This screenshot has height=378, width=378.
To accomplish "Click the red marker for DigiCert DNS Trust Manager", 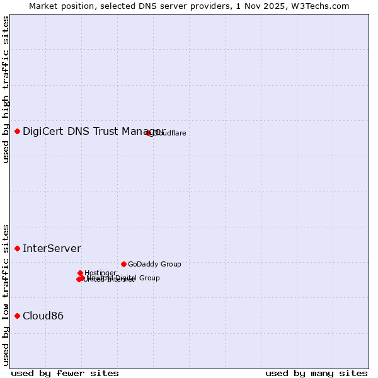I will (x=18, y=131).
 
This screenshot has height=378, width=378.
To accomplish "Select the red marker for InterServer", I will (x=18, y=248).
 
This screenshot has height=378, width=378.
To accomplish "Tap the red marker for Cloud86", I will (x=18, y=316).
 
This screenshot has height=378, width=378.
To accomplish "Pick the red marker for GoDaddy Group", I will (x=123, y=264).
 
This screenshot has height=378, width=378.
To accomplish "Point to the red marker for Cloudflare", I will (x=149, y=133).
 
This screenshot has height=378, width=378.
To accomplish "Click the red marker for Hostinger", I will (x=81, y=273).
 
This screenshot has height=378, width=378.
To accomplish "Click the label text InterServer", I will (x=52, y=248).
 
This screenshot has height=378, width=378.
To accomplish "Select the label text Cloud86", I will (x=43, y=316).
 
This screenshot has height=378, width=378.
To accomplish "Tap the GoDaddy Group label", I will (x=154, y=264).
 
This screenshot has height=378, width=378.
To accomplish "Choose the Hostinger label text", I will (x=100, y=273).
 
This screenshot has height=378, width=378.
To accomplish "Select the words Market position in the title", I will (x=59, y=6).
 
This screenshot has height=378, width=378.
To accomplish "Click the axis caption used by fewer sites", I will (x=65, y=373).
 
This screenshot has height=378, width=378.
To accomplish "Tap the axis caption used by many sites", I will (x=316, y=373).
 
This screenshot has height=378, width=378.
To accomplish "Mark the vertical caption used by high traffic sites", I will (x=6, y=89).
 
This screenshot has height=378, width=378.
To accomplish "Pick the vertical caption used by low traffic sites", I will (x=6, y=294).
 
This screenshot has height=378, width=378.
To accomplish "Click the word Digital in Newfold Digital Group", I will (x=125, y=278).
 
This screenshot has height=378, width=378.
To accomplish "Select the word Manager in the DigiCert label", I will (x=143, y=131).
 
